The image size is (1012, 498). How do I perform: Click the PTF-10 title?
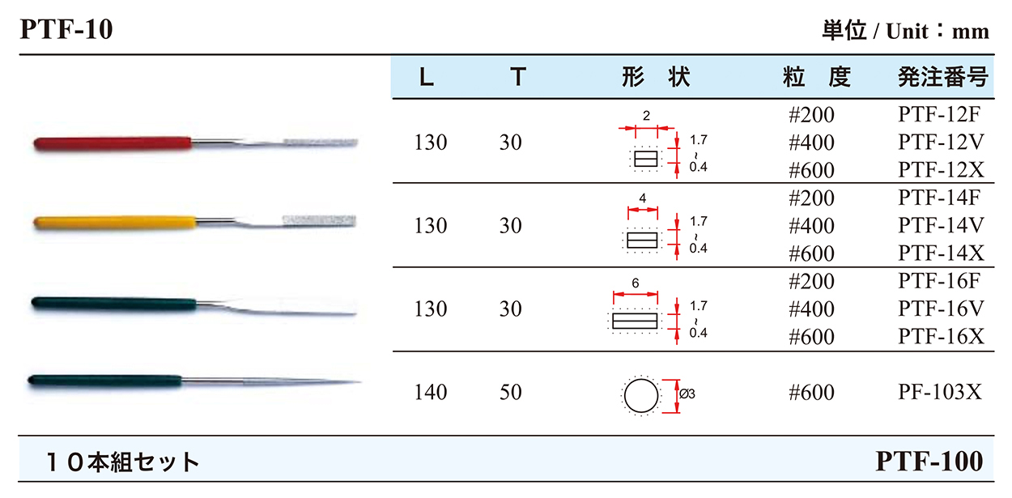[x=66, y=30]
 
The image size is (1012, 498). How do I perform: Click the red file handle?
[x=113, y=143]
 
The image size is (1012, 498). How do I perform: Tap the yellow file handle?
[x=115, y=223]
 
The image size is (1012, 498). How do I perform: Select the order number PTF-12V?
[x=941, y=143]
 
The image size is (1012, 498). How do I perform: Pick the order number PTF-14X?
[x=941, y=253]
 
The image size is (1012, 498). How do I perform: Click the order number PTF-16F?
[x=939, y=281]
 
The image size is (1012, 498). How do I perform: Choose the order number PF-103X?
[x=940, y=392]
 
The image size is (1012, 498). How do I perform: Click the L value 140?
[x=431, y=392]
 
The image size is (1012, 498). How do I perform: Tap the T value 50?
[x=511, y=392]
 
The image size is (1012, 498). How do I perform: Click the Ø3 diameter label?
[x=687, y=394]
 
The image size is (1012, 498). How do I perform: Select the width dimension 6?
[x=636, y=283]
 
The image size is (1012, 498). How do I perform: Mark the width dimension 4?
[x=643, y=198]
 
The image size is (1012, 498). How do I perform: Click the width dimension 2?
[x=647, y=116]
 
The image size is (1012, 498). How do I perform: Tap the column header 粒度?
[x=817, y=77]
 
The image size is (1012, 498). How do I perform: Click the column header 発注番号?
[x=942, y=77]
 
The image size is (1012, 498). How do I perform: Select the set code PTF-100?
[x=929, y=461]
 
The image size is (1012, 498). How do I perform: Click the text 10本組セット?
[x=123, y=462]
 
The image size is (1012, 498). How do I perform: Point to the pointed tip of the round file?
[x=360, y=382]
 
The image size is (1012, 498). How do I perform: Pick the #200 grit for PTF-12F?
[x=811, y=115]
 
